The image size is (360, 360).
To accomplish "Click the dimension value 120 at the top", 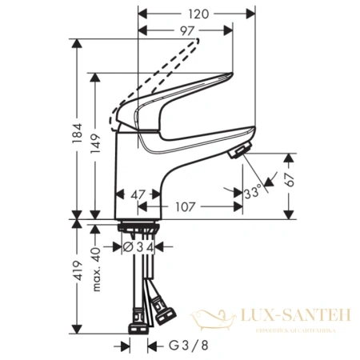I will pyautogui.click(x=200, y=14).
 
